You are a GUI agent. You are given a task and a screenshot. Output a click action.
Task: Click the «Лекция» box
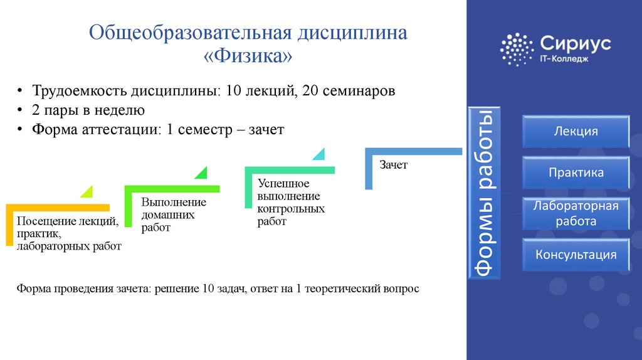[x=575, y=131]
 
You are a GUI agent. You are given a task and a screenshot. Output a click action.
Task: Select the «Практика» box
[x=576, y=172]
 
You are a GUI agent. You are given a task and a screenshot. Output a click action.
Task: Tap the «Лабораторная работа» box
[x=576, y=214]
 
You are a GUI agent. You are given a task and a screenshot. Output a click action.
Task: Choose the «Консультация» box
[x=576, y=255]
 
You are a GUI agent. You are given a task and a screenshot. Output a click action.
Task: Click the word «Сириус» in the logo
[x=575, y=44]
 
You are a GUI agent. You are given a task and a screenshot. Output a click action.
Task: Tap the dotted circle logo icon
[x=516, y=50]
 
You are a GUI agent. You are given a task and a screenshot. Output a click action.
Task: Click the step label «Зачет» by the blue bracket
[x=393, y=165]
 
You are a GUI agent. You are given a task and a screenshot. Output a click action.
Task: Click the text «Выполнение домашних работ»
[x=173, y=215]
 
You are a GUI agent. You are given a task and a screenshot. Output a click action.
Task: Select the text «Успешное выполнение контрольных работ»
[x=290, y=202]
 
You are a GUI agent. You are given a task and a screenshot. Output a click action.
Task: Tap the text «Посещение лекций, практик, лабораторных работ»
[x=68, y=233]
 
